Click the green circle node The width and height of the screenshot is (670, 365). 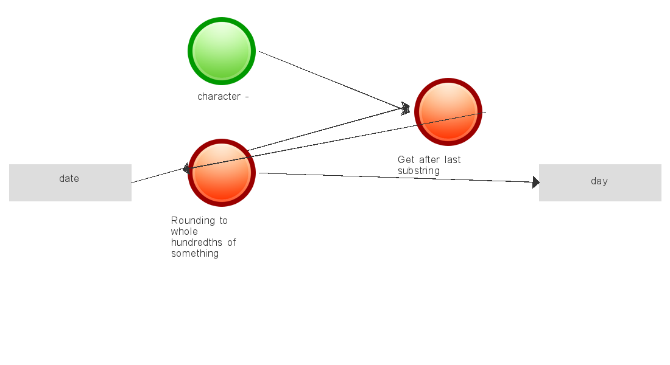tap(222, 51)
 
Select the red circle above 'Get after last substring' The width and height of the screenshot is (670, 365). tap(448, 112)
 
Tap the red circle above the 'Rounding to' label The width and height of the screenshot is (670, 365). tap(222, 173)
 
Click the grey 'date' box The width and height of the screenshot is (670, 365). tap(70, 182)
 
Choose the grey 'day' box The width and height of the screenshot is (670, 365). tap(600, 182)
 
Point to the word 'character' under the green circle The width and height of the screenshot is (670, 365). tap(219, 97)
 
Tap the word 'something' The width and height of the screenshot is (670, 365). tap(195, 254)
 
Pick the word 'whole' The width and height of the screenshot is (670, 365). tap(184, 231)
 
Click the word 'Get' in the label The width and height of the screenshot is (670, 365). tap(406, 159)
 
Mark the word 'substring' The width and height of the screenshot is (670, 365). tap(419, 171)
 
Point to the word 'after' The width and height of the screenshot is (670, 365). tap(429, 159)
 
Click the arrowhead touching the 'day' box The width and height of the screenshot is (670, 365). tap(536, 182)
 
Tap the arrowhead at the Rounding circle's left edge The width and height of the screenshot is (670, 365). tap(186, 169)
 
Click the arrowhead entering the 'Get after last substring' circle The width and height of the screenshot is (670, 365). tap(406, 109)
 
